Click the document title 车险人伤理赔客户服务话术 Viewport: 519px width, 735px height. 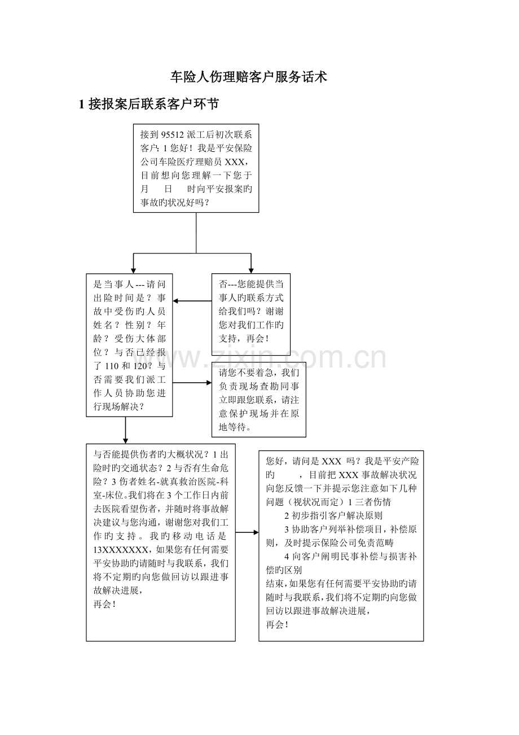pos(249,77)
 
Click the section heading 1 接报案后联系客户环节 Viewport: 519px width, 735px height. pos(148,104)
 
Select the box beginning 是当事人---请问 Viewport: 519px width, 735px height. pos(129,345)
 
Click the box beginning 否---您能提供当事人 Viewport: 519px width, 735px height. pos(250,314)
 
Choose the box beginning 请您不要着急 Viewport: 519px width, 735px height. pos(258,400)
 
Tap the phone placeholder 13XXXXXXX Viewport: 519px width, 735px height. pos(121,550)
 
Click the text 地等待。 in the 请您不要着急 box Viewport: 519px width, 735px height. pos(235,427)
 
